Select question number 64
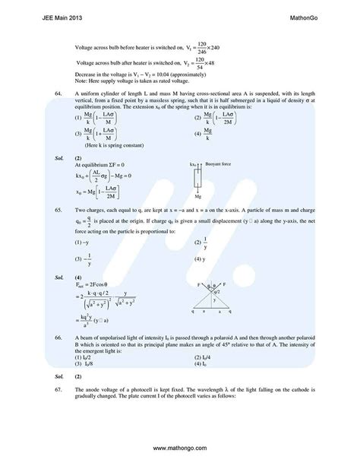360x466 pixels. [x=49, y=92]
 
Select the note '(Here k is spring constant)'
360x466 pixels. [x=112, y=144]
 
